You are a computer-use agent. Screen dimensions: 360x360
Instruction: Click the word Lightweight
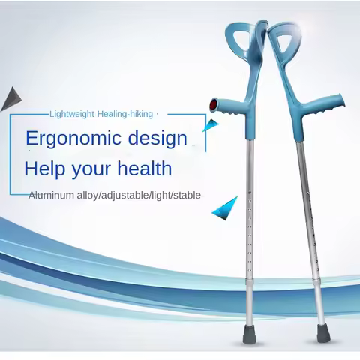point(72,114)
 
